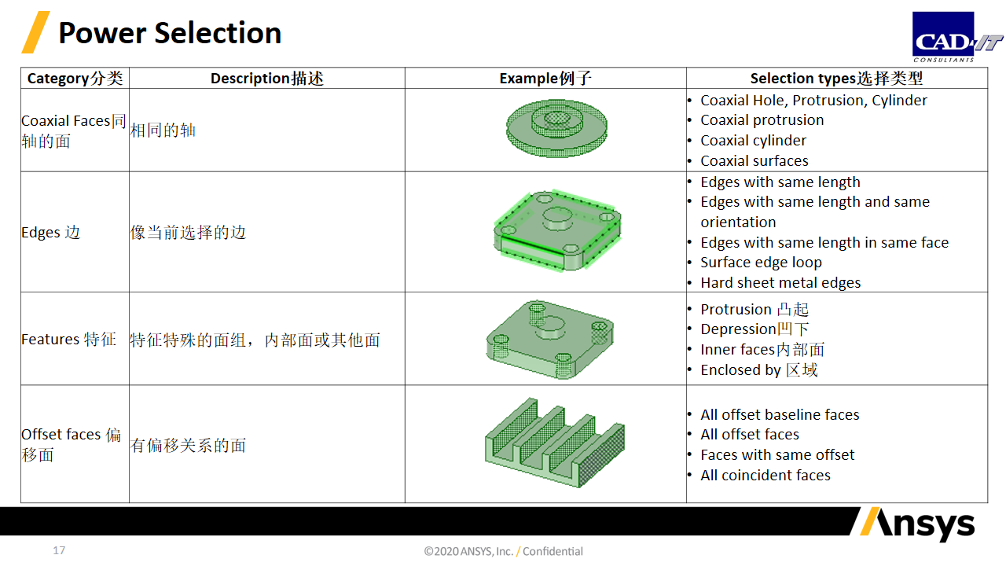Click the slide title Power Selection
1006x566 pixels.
click(x=170, y=33)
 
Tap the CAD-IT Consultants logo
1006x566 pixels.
click(x=956, y=37)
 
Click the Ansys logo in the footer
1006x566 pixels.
click(x=917, y=524)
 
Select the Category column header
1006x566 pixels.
click(x=75, y=78)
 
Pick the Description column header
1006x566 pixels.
click(x=266, y=78)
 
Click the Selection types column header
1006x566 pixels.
click(x=836, y=78)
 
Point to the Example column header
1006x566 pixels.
click(x=545, y=78)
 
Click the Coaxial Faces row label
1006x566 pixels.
click(x=74, y=130)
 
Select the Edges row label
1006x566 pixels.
click(x=51, y=232)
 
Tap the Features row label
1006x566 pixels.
click(x=68, y=339)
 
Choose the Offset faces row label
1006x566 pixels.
click(x=72, y=444)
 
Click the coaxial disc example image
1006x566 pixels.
click(x=557, y=128)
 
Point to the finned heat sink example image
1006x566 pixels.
click(x=555, y=443)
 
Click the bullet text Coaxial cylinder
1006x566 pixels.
click(x=753, y=141)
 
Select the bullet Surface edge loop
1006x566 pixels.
click(x=762, y=263)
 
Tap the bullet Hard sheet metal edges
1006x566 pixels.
click(x=780, y=282)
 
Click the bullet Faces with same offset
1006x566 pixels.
click(x=777, y=454)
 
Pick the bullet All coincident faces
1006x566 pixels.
click(x=766, y=476)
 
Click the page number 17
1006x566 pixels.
click(x=59, y=550)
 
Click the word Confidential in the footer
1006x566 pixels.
click(x=553, y=551)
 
